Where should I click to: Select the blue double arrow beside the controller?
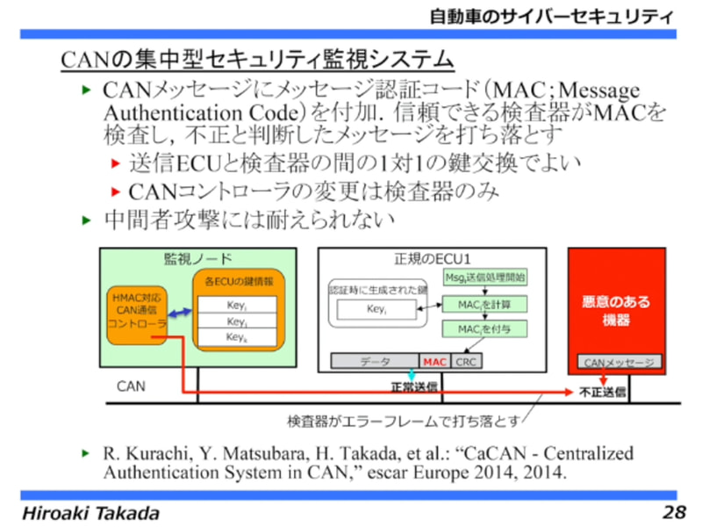[181, 313]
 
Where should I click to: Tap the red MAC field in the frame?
[435, 361]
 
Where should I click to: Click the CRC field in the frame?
[466, 361]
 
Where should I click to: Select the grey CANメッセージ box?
[620, 362]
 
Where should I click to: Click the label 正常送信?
[413, 386]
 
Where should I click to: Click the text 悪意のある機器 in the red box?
[616, 311]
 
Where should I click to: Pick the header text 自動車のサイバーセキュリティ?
[552, 16]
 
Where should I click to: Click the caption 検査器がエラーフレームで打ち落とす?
[405, 421]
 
